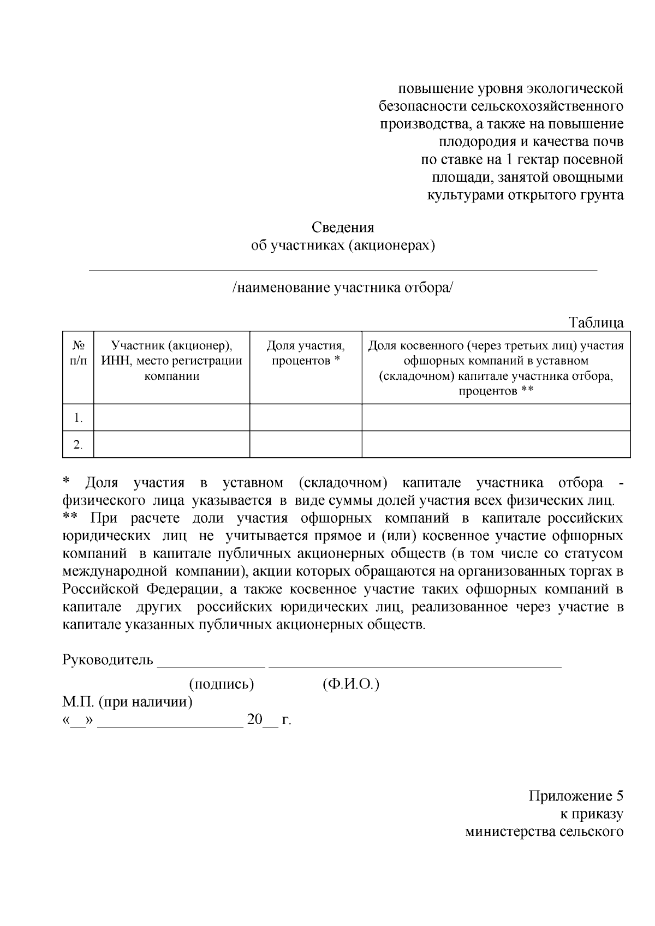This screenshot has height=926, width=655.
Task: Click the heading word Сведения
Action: click(x=343, y=227)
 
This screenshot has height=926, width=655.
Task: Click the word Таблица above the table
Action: click(x=596, y=322)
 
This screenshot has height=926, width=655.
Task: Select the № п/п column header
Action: click(x=78, y=353)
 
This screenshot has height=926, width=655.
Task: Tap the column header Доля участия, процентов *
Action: click(x=306, y=353)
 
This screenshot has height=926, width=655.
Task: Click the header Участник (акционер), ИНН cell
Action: click(x=171, y=360)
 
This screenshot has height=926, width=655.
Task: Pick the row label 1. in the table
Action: click(x=78, y=418)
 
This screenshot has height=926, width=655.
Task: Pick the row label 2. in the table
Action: click(x=78, y=445)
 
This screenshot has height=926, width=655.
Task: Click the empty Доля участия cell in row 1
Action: click(x=306, y=417)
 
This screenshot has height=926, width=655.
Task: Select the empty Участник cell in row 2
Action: click(x=171, y=444)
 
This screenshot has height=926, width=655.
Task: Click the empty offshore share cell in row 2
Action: click(x=496, y=444)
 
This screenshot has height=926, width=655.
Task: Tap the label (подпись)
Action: click(x=222, y=684)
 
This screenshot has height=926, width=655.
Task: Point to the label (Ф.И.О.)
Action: click(x=351, y=684)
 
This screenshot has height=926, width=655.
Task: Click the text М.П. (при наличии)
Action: click(x=128, y=701)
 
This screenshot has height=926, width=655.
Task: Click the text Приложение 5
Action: click(x=576, y=796)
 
